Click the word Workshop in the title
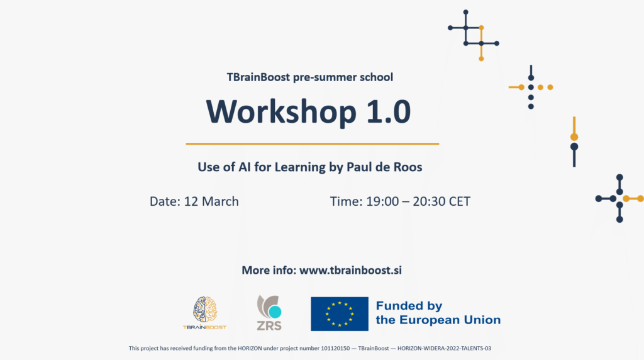coord(281,112)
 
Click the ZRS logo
coord(269,313)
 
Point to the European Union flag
coord(340,314)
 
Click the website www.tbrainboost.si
coord(350,271)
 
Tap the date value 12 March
coord(211,201)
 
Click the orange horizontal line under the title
coord(312,144)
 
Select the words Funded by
coord(409,306)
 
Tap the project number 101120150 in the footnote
coord(335,348)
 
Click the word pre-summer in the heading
coord(325,77)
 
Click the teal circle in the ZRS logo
coord(275,312)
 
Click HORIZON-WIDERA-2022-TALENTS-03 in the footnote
coord(444,348)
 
